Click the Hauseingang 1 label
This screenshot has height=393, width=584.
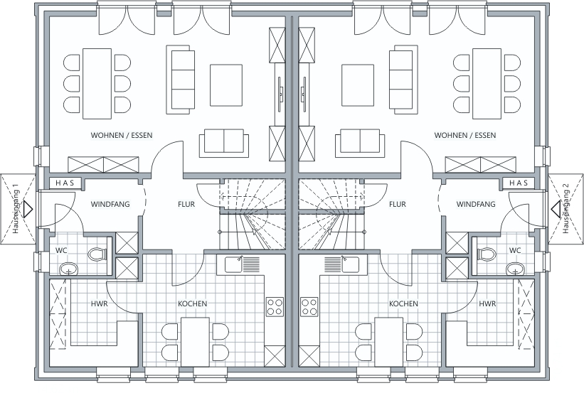pyautogui.click(x=16, y=209)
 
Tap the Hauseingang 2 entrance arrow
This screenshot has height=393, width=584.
pyautogui.click(x=556, y=209)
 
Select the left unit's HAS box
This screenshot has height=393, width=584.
pyautogui.click(x=65, y=183)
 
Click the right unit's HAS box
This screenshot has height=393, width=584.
pyautogui.click(x=519, y=183)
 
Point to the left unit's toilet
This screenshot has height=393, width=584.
pyautogui.click(x=97, y=254)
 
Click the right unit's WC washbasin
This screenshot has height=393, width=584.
pyautogui.click(x=515, y=269)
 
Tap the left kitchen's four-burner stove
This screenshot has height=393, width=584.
pyautogui.click(x=275, y=307)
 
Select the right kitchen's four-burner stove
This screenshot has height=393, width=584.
pyautogui.click(x=309, y=307)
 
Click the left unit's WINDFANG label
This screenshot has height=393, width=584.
pyautogui.click(x=110, y=204)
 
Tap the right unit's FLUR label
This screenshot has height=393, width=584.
pyautogui.click(x=398, y=204)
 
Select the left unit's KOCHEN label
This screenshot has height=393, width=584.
pyautogui.click(x=193, y=303)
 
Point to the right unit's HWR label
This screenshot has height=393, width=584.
pyautogui.click(x=487, y=303)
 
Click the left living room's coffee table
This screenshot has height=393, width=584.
pyautogui.click(x=226, y=85)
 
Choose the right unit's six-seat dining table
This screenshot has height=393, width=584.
pyautogui.click(x=487, y=83)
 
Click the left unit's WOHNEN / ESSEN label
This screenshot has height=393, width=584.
pyautogui.click(x=122, y=135)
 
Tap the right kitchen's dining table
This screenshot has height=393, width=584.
pyautogui.click(x=389, y=342)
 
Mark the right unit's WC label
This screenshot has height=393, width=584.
pyautogui.click(x=515, y=250)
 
